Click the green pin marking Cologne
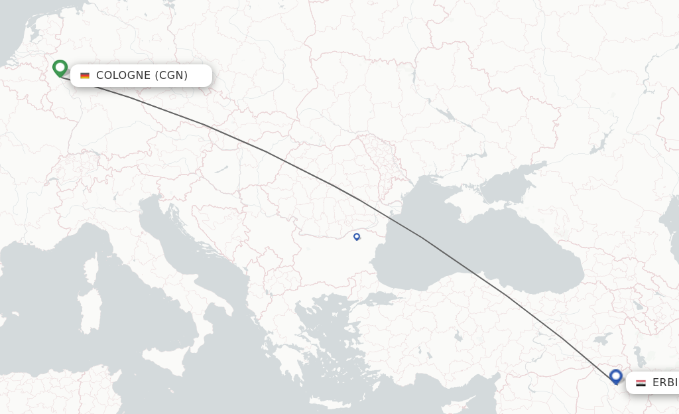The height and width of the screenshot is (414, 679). point(60,68)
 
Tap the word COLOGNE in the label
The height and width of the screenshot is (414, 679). point(123,76)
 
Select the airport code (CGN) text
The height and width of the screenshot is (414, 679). point(171,76)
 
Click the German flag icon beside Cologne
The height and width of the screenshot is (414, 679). point(85,76)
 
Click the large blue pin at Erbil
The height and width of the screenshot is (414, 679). point(615,376)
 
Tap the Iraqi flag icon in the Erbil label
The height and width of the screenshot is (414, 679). point(641,383)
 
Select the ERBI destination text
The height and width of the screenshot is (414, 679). point(664,383)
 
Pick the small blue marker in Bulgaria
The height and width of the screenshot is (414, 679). point(357,236)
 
